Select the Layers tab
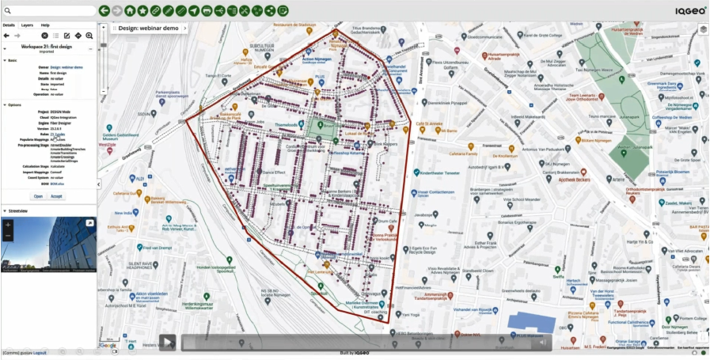pyautogui.click(x=27, y=25)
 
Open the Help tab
pyautogui.click(x=45, y=25)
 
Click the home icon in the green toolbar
pyautogui.click(x=129, y=10)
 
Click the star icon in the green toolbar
pyautogui.click(x=142, y=10)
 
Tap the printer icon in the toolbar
pyautogui.click(x=207, y=10)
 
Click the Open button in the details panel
pyautogui.click(x=38, y=195)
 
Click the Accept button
pyautogui.click(x=57, y=195)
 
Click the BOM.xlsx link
pyautogui.click(x=57, y=184)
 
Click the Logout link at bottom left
pyautogui.click(x=39, y=353)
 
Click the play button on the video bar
pyautogui.click(x=167, y=342)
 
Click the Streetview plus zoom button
pyautogui.click(x=8, y=225)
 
